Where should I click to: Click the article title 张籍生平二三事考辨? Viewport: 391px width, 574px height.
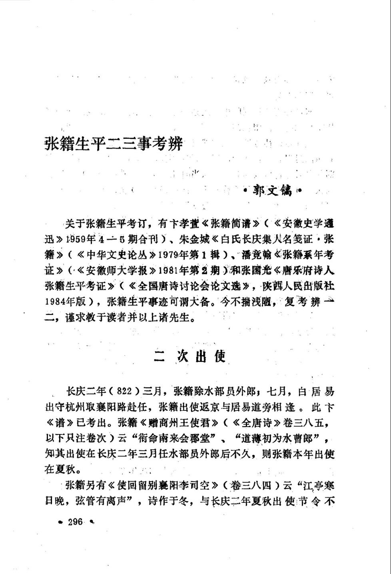coord(114,143)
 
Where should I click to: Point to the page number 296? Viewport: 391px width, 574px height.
coord(75,522)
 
